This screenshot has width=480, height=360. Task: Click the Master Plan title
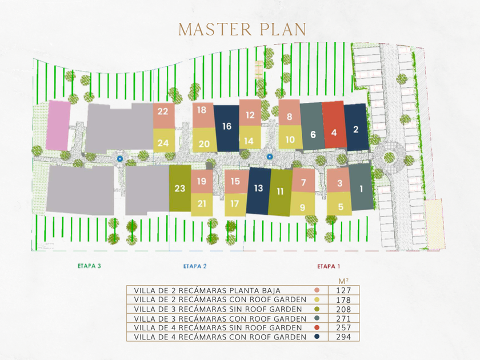(242, 29)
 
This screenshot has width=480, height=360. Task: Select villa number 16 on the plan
(227, 126)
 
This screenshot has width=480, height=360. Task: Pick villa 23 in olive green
(179, 188)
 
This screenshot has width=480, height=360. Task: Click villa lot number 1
(361, 187)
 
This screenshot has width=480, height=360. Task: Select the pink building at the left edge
(58, 125)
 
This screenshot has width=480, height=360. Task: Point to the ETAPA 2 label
(195, 266)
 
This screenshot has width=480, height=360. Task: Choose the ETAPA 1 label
(328, 266)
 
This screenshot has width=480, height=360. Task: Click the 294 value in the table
(343, 337)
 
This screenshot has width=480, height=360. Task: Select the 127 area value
(343, 291)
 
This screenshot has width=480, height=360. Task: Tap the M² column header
(343, 281)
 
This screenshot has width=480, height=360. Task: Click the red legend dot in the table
(317, 328)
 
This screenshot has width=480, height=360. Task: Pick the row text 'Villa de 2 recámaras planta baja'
(207, 291)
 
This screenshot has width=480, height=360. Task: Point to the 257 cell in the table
(343, 328)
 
